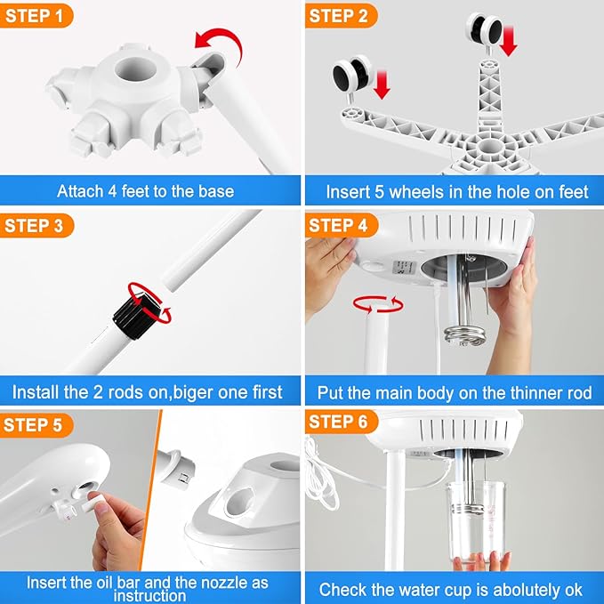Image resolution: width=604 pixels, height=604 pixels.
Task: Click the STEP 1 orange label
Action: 36,15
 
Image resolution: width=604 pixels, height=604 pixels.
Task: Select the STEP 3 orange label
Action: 36,225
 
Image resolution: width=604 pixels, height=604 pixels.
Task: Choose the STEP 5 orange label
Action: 36,424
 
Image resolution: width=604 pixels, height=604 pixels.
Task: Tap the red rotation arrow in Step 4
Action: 378,304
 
